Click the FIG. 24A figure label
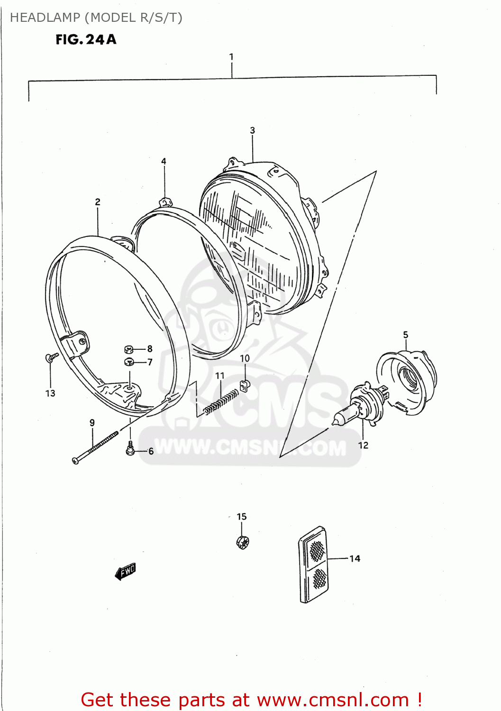(86, 39)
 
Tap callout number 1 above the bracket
(231, 57)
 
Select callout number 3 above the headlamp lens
(253, 130)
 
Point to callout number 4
(164, 161)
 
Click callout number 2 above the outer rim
(98, 202)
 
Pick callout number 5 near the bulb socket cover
(406, 335)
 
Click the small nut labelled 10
(244, 386)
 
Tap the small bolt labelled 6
(130, 448)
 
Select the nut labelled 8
(128, 349)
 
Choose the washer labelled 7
(128, 362)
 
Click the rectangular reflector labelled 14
(313, 564)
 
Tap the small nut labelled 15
(242, 541)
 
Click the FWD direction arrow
(126, 572)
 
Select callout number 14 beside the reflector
(355, 559)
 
